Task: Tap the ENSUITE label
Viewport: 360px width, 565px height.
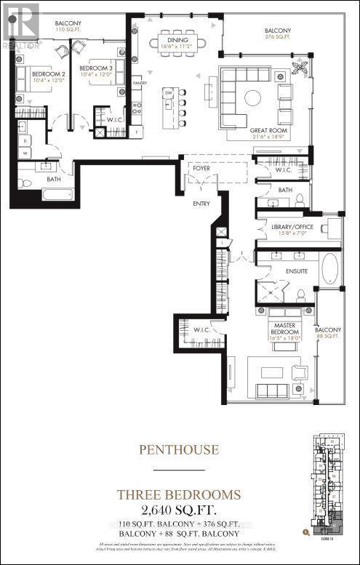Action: (x=297, y=271)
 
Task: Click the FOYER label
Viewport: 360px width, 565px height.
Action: (x=201, y=168)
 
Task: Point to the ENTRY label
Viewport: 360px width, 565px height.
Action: (x=201, y=204)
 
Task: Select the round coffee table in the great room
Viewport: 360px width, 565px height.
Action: (x=252, y=97)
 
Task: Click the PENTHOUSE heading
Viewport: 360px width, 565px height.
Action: (x=179, y=449)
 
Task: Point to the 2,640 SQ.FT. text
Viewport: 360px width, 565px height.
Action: (x=179, y=508)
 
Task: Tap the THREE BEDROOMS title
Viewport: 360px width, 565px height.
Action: (x=179, y=494)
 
